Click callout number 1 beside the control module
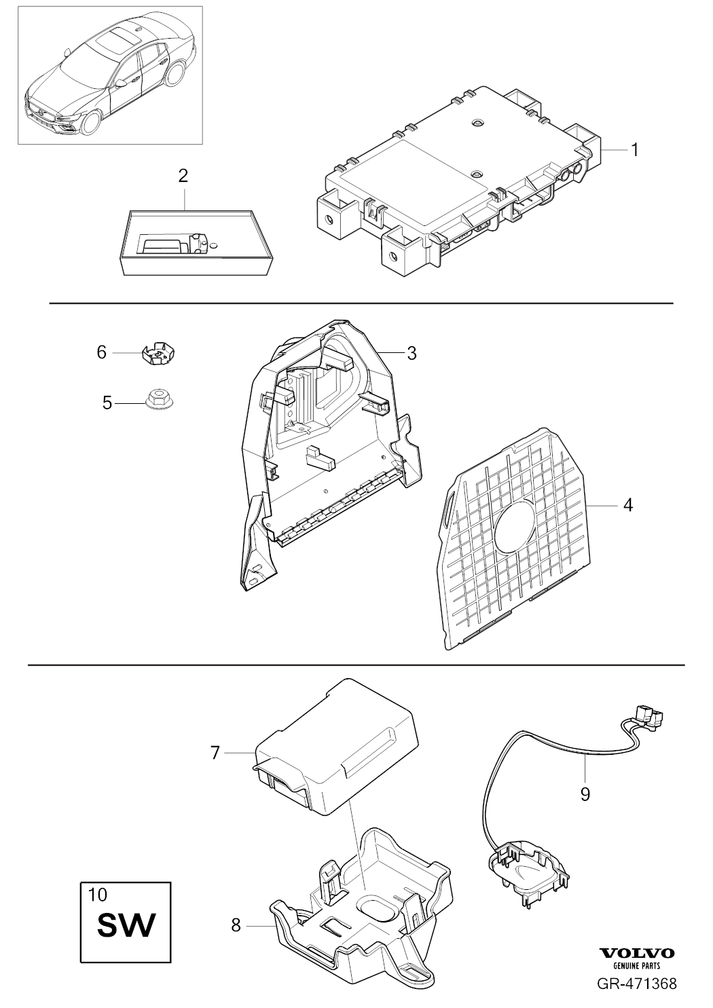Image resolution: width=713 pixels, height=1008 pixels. (x=635, y=149)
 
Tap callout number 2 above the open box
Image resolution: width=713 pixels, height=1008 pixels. (x=183, y=176)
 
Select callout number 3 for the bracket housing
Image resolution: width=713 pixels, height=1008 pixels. (x=412, y=353)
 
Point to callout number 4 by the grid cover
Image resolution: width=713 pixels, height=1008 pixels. (x=627, y=506)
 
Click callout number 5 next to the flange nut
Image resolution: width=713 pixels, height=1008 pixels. (x=107, y=403)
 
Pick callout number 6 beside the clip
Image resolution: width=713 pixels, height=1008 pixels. (x=101, y=352)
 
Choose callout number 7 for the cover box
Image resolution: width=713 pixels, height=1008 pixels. (x=215, y=753)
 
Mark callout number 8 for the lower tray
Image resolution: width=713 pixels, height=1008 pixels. (x=236, y=925)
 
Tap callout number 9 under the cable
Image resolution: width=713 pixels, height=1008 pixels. (x=585, y=794)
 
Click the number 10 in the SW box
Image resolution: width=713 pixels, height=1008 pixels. (x=98, y=894)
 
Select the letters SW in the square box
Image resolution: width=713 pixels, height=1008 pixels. (x=127, y=925)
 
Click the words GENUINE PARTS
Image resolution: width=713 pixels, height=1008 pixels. (x=637, y=965)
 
